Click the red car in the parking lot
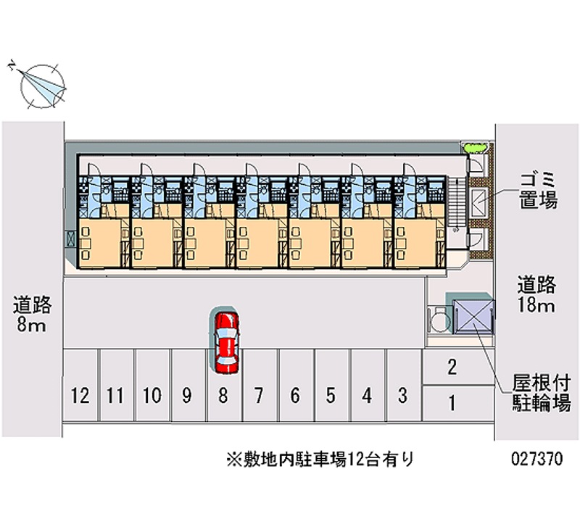click(x=225, y=341)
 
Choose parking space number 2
click(x=452, y=368)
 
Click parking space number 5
click(x=331, y=395)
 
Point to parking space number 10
click(x=152, y=395)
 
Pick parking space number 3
click(x=402, y=395)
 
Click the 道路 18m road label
click(x=536, y=293)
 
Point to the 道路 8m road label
click(x=30, y=313)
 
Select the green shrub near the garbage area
click(x=476, y=148)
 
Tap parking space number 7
click(x=258, y=395)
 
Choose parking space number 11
click(x=115, y=395)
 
